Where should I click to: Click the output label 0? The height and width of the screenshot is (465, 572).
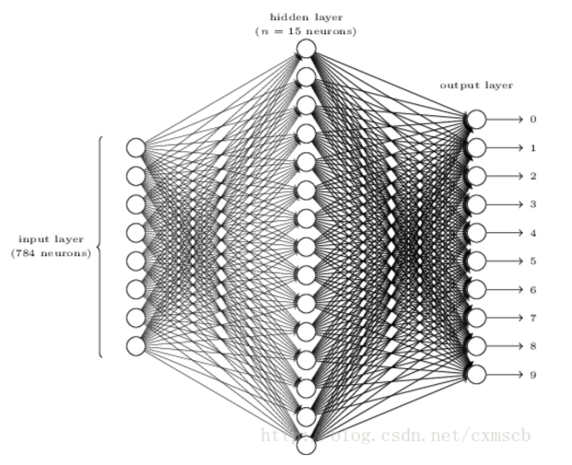(x=532, y=120)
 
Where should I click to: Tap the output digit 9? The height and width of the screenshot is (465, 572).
(x=532, y=375)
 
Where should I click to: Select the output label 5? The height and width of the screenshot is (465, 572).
(x=532, y=262)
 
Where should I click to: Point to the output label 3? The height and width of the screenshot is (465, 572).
(x=532, y=204)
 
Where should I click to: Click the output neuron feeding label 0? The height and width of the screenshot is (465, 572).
(x=476, y=120)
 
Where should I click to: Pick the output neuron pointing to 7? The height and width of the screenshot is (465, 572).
(x=476, y=318)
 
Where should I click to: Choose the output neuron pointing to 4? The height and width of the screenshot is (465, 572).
(x=476, y=233)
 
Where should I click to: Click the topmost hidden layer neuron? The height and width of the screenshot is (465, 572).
(x=306, y=49)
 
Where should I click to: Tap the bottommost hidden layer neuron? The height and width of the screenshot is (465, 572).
(x=306, y=446)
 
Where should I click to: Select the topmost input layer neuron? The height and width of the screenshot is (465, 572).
(x=136, y=147)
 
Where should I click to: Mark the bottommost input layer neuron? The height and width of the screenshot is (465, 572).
(x=136, y=346)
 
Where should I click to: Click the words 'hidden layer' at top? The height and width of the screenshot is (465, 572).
(x=305, y=17)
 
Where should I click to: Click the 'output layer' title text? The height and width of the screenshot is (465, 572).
(x=475, y=86)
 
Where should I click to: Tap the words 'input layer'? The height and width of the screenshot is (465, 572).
(x=51, y=239)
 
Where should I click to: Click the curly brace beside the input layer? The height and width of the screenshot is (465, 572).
(x=98, y=247)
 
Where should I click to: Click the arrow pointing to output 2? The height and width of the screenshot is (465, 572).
(x=505, y=176)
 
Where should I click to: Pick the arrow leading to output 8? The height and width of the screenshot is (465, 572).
(x=505, y=346)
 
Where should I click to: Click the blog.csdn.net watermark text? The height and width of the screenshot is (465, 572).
(x=396, y=433)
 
